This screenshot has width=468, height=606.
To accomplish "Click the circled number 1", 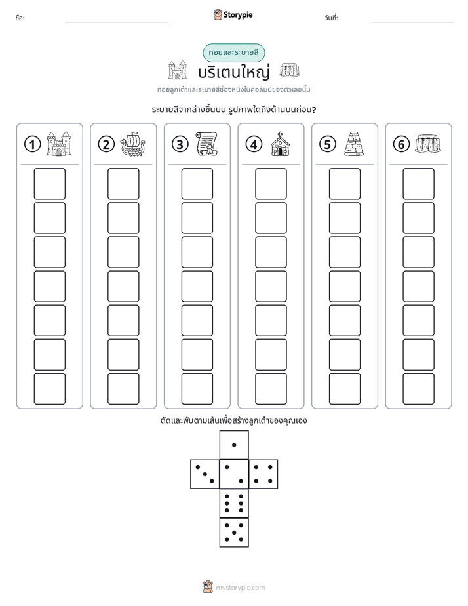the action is (x=32, y=144).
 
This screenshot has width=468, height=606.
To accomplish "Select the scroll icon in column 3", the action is (x=206, y=144).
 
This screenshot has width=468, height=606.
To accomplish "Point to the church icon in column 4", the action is (x=281, y=144).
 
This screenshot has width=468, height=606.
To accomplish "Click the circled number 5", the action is (x=328, y=144).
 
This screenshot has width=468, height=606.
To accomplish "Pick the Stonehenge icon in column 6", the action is (x=428, y=144).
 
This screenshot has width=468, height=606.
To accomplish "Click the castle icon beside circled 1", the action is (x=59, y=144).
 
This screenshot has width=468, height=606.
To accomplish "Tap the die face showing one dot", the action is (x=234, y=445).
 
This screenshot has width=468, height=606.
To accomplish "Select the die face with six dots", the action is (x=234, y=503).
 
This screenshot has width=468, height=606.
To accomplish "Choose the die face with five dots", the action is (x=234, y=533).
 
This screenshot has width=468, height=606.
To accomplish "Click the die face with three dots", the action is (x=205, y=474).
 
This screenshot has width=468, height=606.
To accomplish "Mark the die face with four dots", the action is (x=263, y=474).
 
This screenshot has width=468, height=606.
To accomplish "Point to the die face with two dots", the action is (x=234, y=474).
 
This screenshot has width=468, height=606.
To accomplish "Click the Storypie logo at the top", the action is (x=233, y=14).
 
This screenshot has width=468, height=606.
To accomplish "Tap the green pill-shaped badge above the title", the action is (x=233, y=52).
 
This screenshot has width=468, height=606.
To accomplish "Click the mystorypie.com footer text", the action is (x=240, y=588).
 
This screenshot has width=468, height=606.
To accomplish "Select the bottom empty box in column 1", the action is (x=49, y=389).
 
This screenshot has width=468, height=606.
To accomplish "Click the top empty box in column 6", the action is (x=418, y=184).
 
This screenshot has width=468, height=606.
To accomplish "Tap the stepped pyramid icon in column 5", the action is (x=354, y=144).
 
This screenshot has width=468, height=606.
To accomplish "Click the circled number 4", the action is (x=254, y=144).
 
